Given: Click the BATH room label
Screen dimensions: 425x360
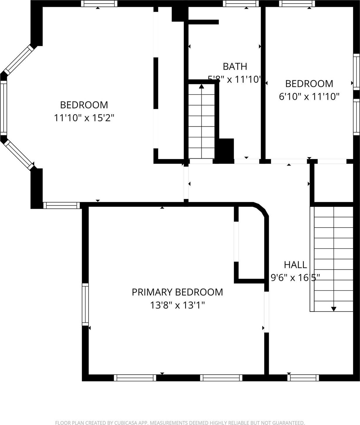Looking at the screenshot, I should click(x=235, y=66).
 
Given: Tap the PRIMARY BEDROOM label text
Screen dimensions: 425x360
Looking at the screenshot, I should click(x=177, y=292).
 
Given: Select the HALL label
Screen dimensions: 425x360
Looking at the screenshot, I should click(x=295, y=265).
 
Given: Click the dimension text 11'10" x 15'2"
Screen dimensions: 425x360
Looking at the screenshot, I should click(x=84, y=118).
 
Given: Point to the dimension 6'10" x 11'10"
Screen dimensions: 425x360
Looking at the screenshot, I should click(x=309, y=97).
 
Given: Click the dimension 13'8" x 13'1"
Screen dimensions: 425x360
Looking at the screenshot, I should click(x=177, y=305).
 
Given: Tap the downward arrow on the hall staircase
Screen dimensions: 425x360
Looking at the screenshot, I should click(x=333, y=308).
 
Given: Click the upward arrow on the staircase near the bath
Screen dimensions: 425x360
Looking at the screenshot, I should click(x=201, y=86).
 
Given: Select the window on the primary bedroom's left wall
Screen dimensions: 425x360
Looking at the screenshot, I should click(x=85, y=304).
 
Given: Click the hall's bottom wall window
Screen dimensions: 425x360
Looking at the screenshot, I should click(x=303, y=378).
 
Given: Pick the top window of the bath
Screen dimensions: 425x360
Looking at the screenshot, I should click(x=241, y=4).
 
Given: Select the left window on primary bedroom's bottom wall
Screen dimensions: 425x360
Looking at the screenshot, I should click(x=135, y=378).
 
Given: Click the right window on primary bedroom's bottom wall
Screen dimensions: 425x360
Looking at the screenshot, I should click(x=221, y=378).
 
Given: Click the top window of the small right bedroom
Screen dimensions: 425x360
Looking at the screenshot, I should click(x=297, y=4).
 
